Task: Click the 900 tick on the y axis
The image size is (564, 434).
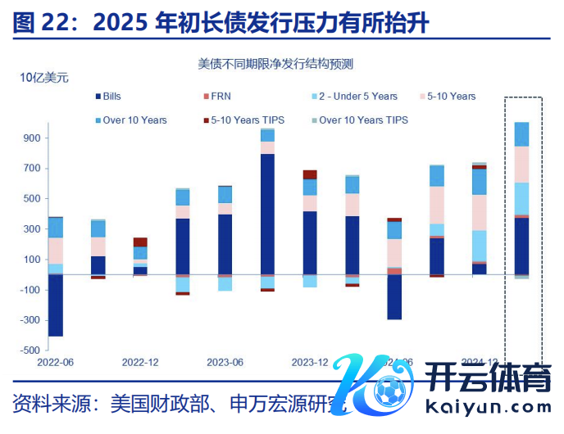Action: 31,138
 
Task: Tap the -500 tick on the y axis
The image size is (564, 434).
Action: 30,350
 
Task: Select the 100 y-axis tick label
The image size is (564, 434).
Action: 31,260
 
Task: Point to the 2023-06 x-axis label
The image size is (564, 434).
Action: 224,362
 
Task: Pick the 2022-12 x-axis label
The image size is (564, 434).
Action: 140,362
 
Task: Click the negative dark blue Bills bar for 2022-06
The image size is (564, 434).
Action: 56,305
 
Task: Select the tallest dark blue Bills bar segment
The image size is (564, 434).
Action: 267,214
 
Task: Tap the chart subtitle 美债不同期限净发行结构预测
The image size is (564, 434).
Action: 281,62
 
